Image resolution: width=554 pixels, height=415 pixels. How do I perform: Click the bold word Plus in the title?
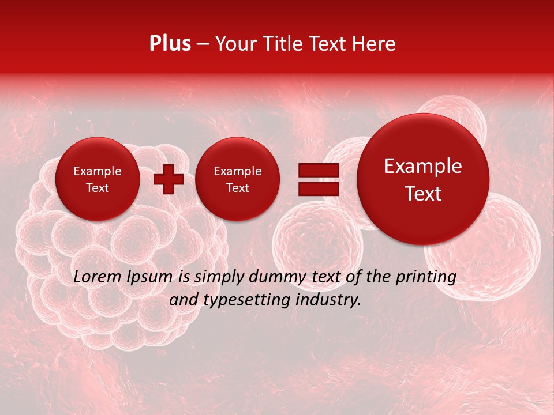click(170, 44)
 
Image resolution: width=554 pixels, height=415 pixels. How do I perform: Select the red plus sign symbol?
click(169, 179)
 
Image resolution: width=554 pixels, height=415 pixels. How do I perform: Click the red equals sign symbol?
click(319, 179)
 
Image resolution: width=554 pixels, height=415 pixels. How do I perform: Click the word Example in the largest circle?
click(423, 166)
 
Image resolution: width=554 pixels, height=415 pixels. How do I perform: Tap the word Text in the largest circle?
click(423, 194)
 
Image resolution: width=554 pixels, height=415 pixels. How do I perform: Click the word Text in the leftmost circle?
click(98, 188)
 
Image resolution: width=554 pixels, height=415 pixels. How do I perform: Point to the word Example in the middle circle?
click(237, 171)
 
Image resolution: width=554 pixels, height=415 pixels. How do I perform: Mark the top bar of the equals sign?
click(319, 171)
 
